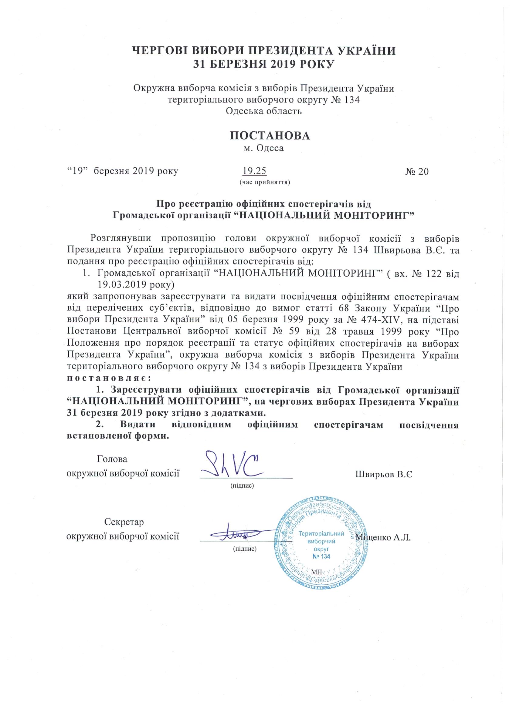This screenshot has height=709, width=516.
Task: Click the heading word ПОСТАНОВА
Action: (x=270, y=135)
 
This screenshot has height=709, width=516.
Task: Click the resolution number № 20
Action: (x=417, y=172)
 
